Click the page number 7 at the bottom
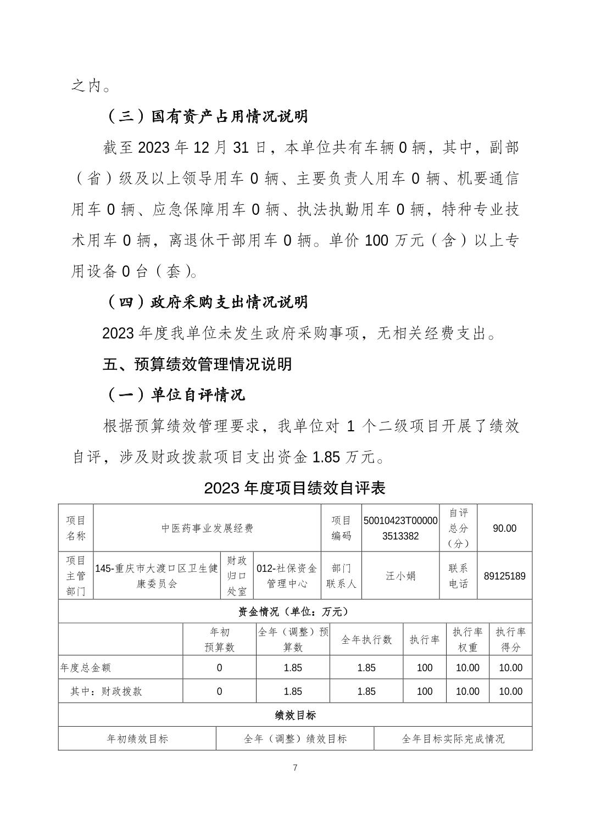click(295, 767)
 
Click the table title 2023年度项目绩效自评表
click(294, 488)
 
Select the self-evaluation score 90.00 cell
click(504, 528)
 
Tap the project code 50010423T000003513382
click(400, 528)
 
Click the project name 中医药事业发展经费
click(207, 528)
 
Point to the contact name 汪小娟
click(400, 576)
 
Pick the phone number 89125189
click(504, 576)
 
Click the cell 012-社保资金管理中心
click(287, 576)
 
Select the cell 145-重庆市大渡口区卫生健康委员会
click(157, 576)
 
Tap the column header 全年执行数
click(366, 639)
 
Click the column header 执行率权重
click(467, 639)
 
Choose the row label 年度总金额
click(86, 668)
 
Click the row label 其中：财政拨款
click(106, 692)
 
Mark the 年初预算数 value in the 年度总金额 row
click(219, 668)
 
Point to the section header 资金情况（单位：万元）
click(294, 611)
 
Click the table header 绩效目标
click(295, 715)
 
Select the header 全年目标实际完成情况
click(453, 739)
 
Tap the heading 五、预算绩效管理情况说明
click(197, 364)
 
